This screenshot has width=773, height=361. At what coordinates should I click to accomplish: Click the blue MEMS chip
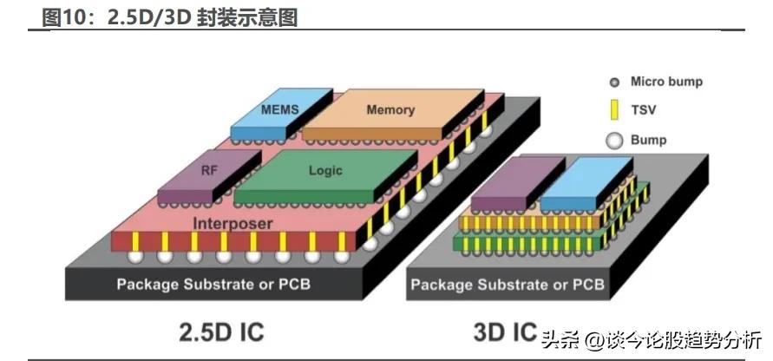280,111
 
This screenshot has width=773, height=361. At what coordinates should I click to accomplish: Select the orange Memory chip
390,110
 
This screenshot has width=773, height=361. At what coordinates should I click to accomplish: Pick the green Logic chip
325,172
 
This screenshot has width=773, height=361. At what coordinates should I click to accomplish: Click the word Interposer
233,224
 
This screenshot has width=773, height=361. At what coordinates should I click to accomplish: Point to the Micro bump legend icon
614,82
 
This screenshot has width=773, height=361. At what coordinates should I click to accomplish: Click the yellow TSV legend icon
614,110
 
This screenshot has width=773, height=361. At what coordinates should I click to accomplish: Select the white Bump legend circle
614,140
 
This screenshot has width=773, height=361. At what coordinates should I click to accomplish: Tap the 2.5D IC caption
222,331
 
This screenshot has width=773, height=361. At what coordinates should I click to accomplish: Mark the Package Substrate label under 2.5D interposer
213,284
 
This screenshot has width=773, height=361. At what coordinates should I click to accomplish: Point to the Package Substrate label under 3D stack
507,284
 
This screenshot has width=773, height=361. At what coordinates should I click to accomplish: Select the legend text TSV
643,111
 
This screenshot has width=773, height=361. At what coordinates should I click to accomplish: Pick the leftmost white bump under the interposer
135,257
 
